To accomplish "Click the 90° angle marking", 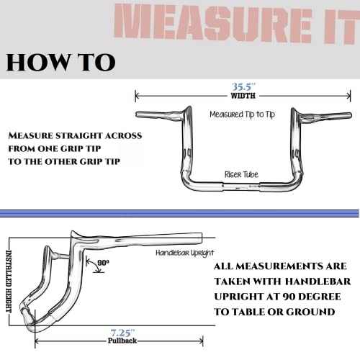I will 102,264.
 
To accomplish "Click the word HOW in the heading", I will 35,63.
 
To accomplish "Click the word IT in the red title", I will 333,24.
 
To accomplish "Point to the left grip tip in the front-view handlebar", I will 140,113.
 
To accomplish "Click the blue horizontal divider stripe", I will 180,211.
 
